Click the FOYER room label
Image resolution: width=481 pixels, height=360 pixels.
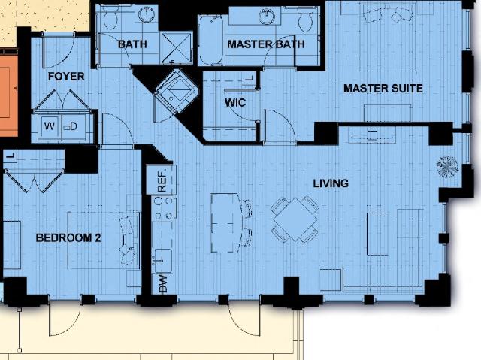(x=66, y=77)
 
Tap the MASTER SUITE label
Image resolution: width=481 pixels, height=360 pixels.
(x=383, y=89)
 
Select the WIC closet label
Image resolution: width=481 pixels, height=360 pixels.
(x=235, y=102)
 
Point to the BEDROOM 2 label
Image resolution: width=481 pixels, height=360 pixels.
(x=68, y=237)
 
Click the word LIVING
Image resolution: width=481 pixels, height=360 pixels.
(x=331, y=183)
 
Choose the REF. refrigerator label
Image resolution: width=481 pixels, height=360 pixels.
(x=162, y=180)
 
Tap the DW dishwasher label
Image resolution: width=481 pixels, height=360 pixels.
(x=162, y=283)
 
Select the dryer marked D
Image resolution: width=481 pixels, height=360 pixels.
(x=74, y=126)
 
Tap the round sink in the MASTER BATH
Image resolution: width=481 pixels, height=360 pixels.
(x=267, y=16)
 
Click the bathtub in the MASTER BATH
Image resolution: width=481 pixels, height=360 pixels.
(x=210, y=41)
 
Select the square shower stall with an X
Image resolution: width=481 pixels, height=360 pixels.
(x=177, y=48)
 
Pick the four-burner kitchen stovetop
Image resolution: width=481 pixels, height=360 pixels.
(x=164, y=208)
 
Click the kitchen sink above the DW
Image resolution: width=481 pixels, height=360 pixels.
(x=163, y=261)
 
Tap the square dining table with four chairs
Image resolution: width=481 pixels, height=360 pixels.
(x=295, y=219)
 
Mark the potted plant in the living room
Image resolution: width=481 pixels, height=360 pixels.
(x=447, y=167)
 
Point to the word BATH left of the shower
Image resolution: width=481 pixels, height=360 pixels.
(x=132, y=44)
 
